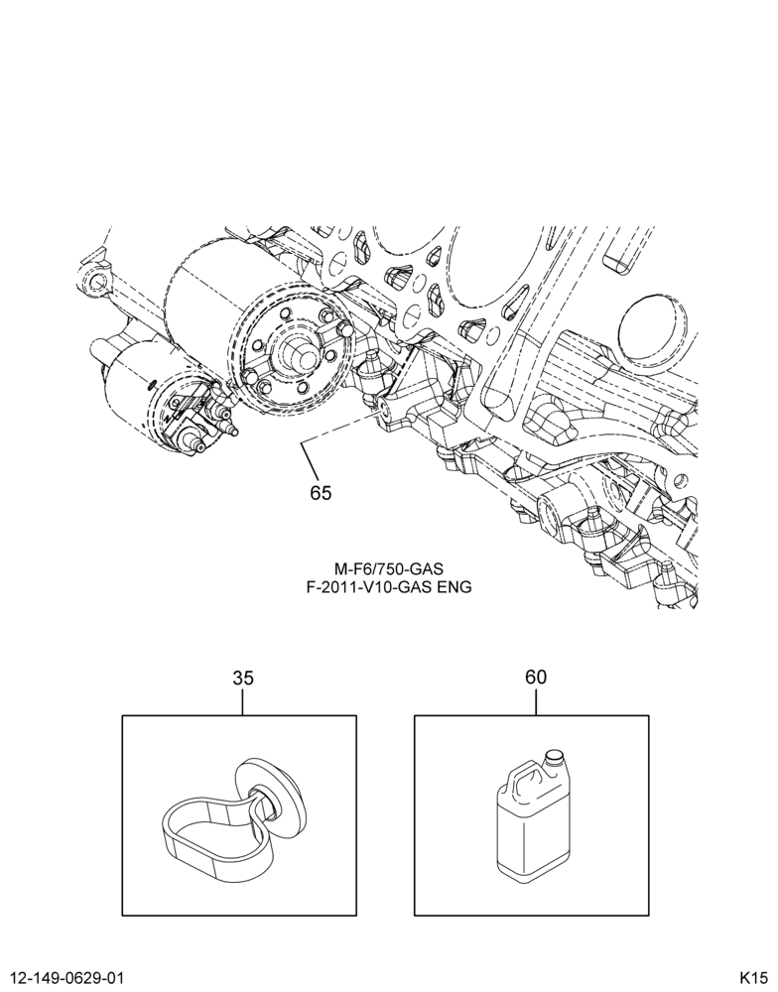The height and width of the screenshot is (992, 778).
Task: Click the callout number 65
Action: click(x=321, y=492)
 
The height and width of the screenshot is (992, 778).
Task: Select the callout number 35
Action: click(x=242, y=679)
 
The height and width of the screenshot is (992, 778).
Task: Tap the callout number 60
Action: click(x=535, y=677)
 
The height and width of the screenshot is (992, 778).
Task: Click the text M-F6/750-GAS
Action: click(x=389, y=571)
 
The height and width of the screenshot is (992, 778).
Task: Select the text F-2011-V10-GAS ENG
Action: click(x=389, y=587)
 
